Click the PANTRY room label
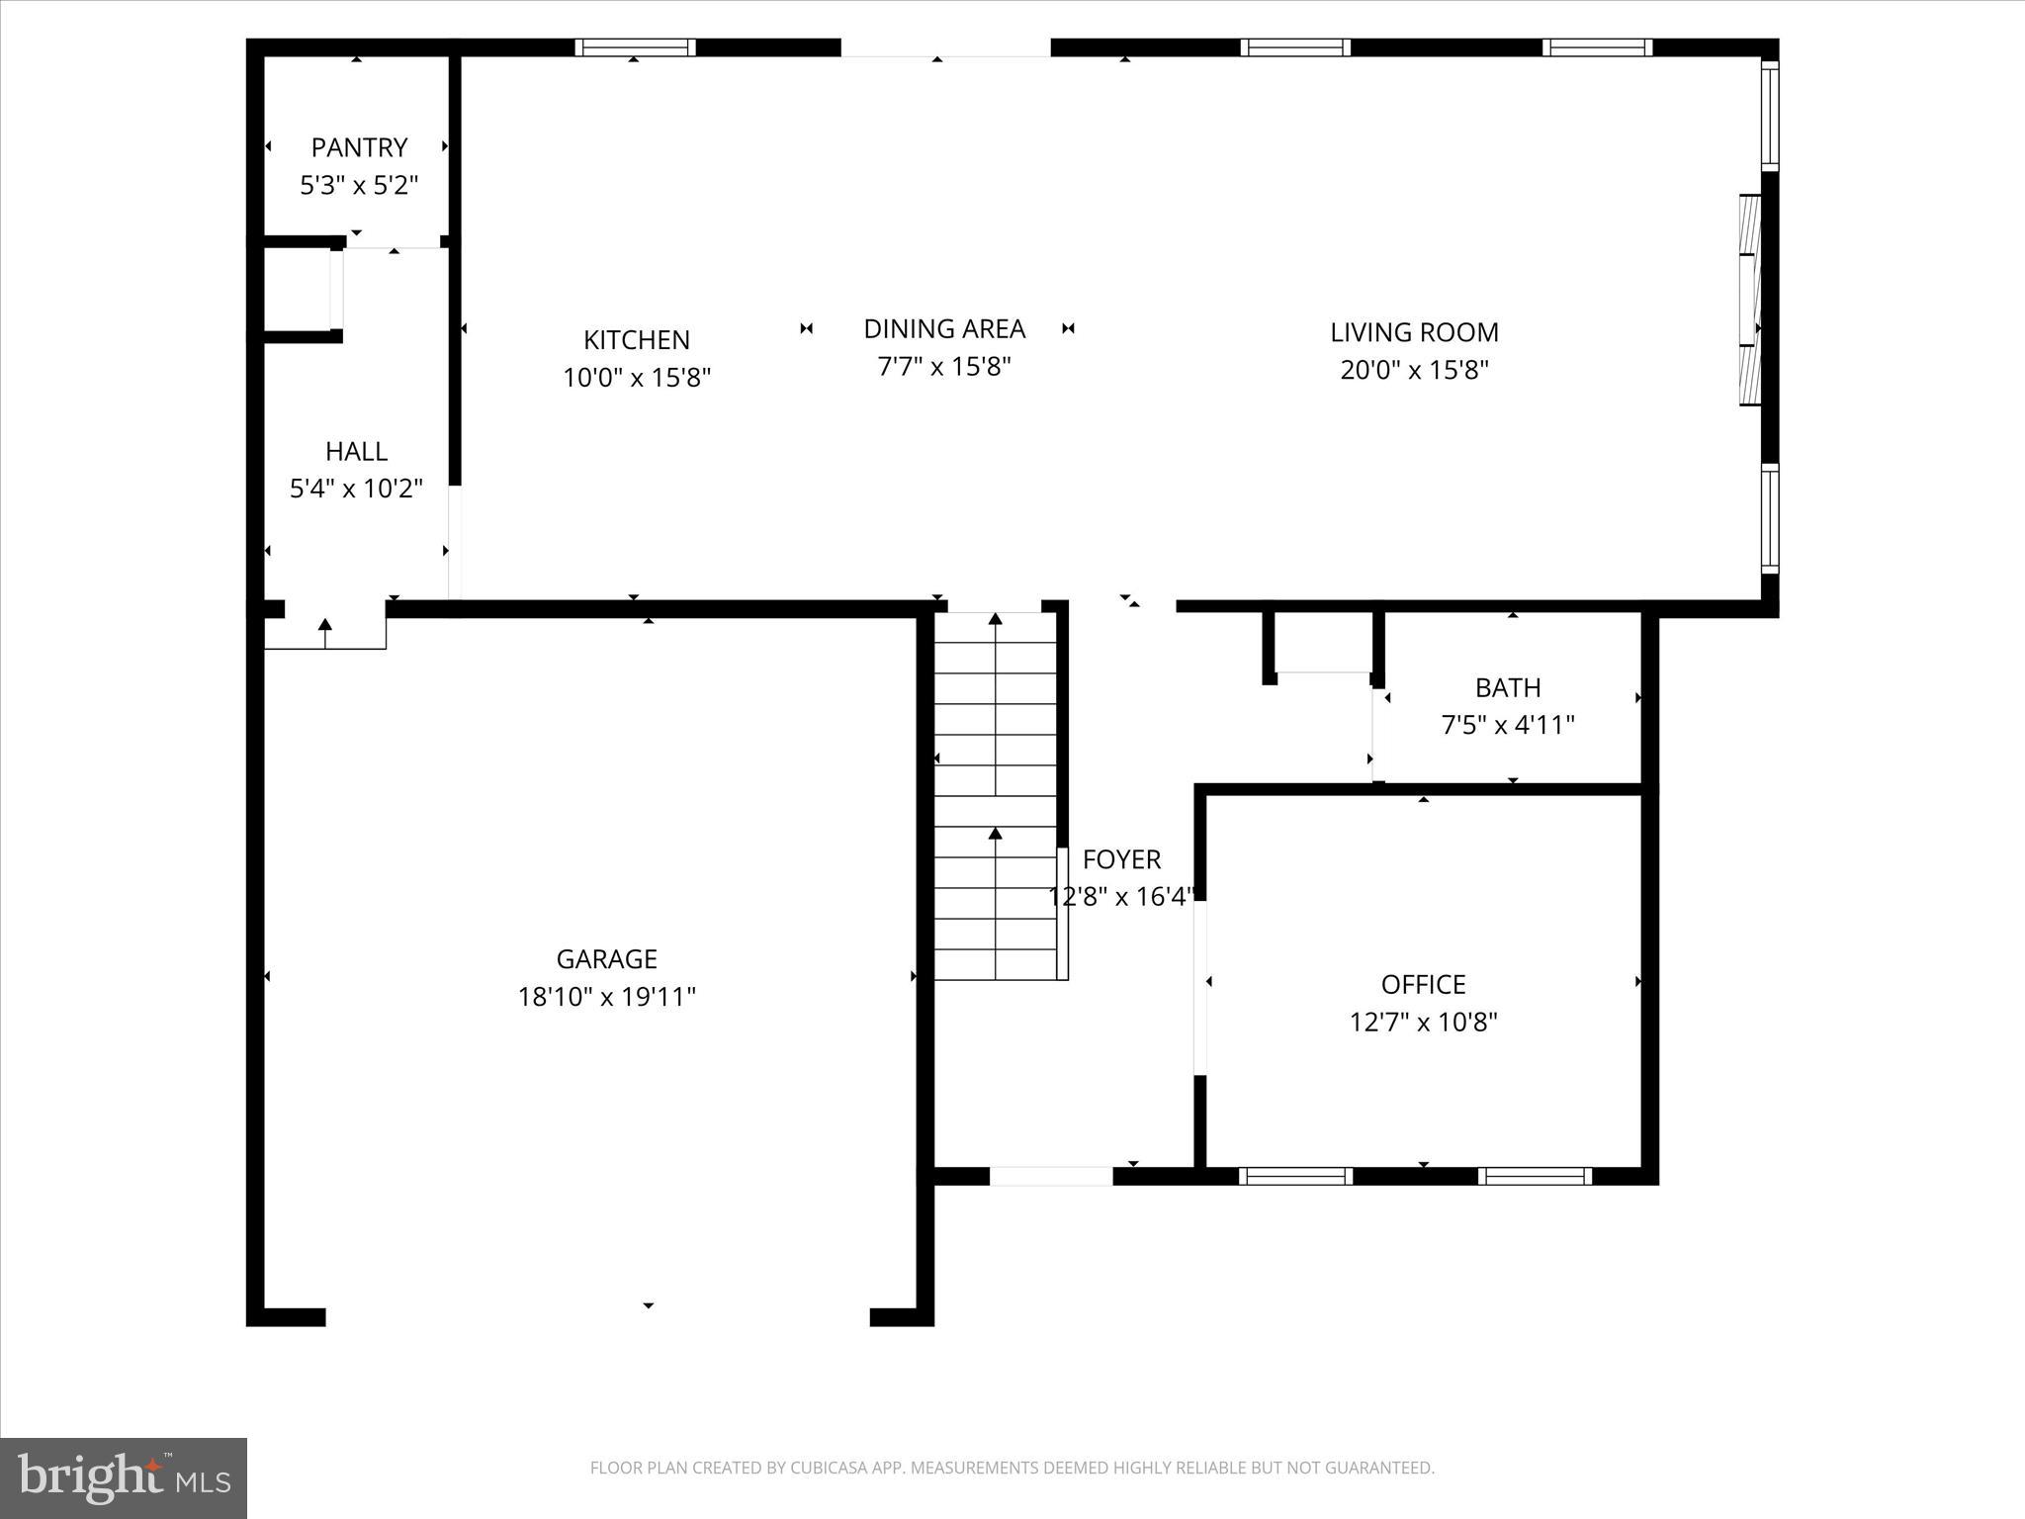359,147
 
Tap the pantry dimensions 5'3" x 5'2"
359,185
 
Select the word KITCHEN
636,340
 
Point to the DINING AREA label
944,328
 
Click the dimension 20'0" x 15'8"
1414,370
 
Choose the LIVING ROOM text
1414,332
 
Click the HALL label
356,451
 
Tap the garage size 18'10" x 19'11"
606,997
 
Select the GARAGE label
606,959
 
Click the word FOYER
1121,858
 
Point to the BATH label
1508,687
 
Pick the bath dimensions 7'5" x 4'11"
1508,725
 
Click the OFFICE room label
1423,984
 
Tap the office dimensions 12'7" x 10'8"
1423,1022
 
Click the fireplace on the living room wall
1750,300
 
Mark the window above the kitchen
635,47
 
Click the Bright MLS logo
124,1477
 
